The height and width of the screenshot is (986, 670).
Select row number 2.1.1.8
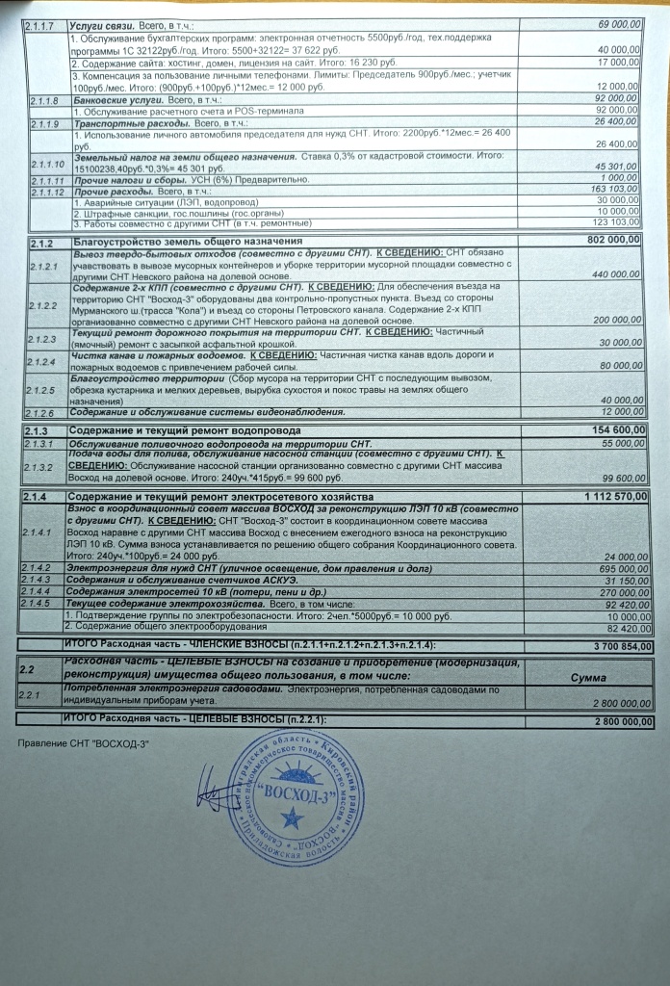[x=45, y=100]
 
